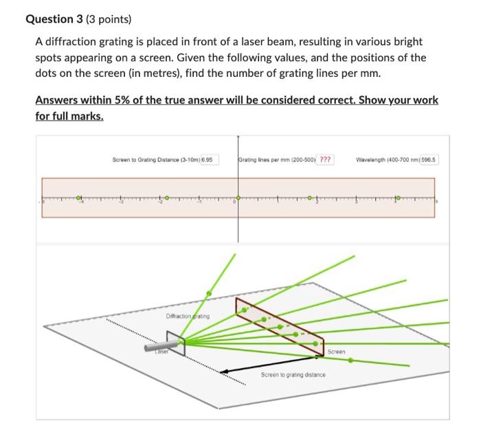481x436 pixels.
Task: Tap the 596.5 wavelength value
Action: (x=429, y=160)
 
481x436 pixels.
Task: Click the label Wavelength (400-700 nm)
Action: (x=385, y=160)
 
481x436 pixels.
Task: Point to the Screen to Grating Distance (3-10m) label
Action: (x=155, y=160)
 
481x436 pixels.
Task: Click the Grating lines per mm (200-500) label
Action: (x=276, y=160)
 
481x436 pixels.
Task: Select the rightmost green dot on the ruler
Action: (x=396, y=198)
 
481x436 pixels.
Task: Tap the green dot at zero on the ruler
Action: (x=238, y=198)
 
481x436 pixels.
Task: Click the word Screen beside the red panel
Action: (x=336, y=352)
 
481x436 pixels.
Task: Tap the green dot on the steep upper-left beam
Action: (x=209, y=292)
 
